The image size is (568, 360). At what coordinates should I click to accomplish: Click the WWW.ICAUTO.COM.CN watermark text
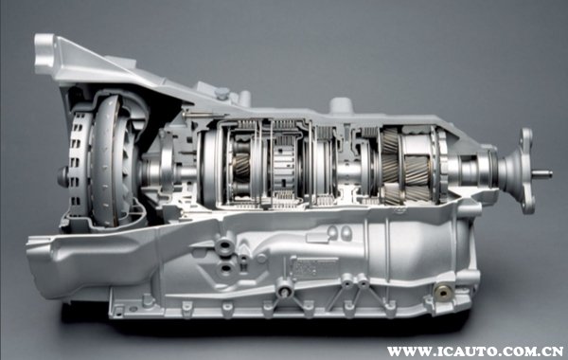(x=474, y=351)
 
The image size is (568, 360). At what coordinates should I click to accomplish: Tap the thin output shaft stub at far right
(x=542, y=174)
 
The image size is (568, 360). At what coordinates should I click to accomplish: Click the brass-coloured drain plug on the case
(x=444, y=292)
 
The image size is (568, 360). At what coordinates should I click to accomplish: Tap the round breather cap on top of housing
(x=341, y=104)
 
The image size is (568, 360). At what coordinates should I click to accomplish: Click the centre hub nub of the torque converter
(x=62, y=177)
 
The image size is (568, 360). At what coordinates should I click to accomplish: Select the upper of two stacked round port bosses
(x=225, y=246)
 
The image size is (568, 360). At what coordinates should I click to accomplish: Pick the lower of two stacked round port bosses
(x=225, y=269)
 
